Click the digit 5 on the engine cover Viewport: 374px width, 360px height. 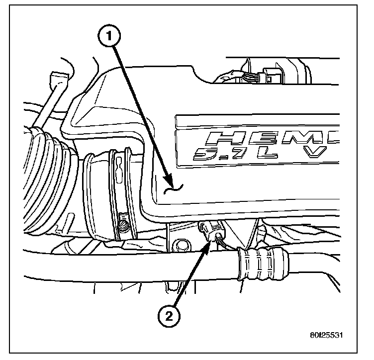point(207,155)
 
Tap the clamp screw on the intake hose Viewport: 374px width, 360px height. point(124,227)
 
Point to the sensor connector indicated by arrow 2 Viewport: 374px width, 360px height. point(211,231)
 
